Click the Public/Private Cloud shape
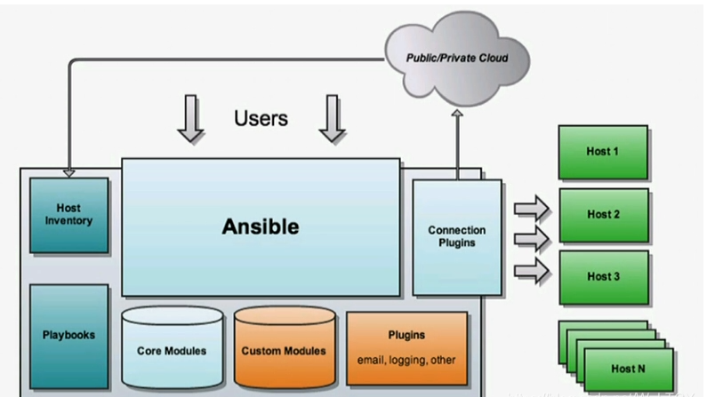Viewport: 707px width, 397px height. (456, 59)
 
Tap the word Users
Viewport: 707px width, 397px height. (261, 118)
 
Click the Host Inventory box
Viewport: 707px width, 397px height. (68, 214)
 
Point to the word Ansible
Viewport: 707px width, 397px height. (260, 226)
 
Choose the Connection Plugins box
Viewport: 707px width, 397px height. (456, 236)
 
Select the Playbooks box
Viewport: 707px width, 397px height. (68, 335)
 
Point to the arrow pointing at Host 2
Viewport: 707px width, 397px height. (532, 238)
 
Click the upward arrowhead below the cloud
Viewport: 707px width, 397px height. (457, 115)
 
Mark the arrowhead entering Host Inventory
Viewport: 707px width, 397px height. (68, 172)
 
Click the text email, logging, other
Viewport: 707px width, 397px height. (406, 359)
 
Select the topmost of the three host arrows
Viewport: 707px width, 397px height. (532, 210)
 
